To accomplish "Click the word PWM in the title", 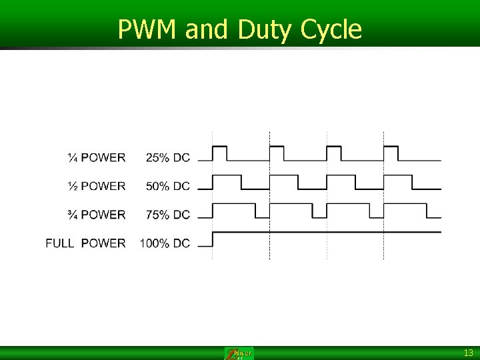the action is [x=148, y=29].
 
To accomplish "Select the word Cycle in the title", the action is [x=331, y=29].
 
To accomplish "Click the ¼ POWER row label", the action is [x=96, y=158].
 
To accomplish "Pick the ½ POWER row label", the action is [x=96, y=186].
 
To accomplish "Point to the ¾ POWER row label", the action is [x=96, y=215].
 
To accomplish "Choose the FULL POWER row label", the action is [x=85, y=243].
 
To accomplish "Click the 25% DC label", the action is [x=167, y=158].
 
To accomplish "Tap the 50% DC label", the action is [x=167, y=186].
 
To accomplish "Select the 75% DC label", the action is [x=167, y=215].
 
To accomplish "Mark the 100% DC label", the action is [x=165, y=243].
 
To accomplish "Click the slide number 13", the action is [x=468, y=353].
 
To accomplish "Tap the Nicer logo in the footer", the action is [x=239, y=353].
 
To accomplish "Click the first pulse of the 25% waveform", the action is [x=219, y=153].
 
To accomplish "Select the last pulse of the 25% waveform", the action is [x=391, y=153].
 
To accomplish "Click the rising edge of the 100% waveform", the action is [x=213, y=239].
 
